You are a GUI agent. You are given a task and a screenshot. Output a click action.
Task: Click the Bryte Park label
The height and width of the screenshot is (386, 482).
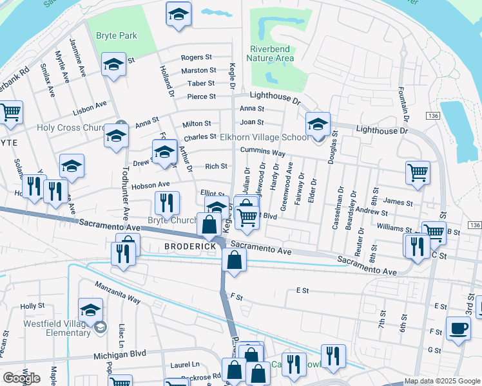[116, 36]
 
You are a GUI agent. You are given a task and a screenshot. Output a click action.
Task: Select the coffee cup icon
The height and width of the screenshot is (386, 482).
[458, 329]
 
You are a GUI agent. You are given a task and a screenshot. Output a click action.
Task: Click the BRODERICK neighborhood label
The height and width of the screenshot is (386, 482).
[189, 246]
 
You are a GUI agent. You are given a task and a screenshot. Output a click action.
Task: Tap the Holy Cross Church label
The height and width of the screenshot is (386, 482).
[71, 127]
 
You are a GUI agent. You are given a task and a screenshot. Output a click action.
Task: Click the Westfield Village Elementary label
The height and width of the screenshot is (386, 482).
[57, 328]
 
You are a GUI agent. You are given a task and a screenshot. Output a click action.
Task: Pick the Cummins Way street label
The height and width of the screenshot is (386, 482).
[262, 152]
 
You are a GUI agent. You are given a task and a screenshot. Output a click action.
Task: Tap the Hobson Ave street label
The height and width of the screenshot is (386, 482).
[151, 185]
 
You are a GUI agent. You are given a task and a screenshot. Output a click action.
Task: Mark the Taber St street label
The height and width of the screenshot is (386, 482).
[201, 84]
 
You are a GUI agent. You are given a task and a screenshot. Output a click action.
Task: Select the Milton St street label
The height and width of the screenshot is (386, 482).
[197, 124]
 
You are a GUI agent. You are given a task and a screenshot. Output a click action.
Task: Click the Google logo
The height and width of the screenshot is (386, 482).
[21, 378]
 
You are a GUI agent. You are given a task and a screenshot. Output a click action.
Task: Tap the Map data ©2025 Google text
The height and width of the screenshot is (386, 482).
[441, 381]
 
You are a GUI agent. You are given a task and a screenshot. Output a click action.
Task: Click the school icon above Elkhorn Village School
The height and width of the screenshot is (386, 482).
[318, 125]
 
